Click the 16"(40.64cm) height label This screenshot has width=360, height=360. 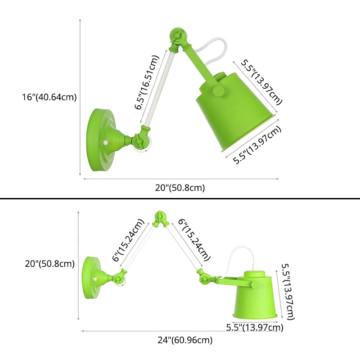(49, 97)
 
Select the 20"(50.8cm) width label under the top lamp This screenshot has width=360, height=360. (180, 188)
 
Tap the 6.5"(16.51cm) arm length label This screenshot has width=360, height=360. (147, 82)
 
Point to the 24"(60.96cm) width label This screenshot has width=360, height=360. (185, 340)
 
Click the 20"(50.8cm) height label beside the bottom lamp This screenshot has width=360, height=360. (50, 264)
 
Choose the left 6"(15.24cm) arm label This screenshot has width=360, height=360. (128, 240)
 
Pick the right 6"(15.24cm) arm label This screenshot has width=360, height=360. (194, 240)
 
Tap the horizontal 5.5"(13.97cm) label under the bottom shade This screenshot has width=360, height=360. (255, 328)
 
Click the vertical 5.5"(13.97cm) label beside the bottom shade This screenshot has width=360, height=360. (288, 292)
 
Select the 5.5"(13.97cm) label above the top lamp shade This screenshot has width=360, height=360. (261, 82)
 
